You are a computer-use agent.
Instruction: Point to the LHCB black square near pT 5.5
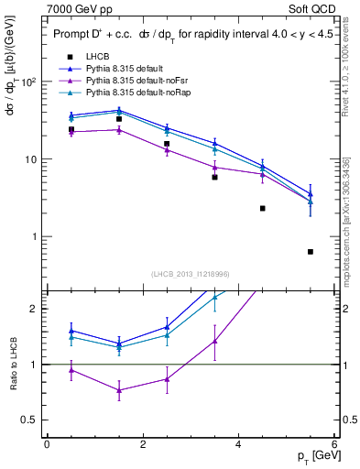coord(311,252)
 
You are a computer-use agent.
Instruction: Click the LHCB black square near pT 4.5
coord(263,209)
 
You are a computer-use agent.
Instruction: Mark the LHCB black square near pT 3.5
coord(214,177)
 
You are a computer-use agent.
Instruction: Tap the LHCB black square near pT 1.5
coord(119,119)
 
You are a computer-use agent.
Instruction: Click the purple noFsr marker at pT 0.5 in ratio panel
coord(71,370)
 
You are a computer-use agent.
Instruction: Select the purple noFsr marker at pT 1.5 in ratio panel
coord(119,390)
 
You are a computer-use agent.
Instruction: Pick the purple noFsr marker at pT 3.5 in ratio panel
coord(214,341)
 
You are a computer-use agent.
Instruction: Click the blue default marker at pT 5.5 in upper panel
coord(311,194)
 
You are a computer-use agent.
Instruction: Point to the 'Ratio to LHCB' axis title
coord(13,365)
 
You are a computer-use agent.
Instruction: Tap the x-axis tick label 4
coord(239,443)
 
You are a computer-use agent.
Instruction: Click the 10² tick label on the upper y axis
coord(29,82)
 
